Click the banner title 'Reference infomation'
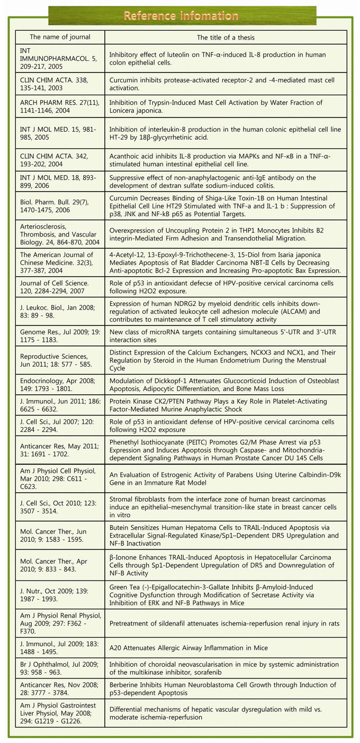pos(181,16)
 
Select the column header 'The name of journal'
pos(60,37)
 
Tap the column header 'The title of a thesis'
pos(226,37)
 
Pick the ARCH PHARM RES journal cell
pos(60,106)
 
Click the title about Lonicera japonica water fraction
pos(226,106)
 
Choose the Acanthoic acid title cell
pos(226,157)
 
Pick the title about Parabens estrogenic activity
pos(226,478)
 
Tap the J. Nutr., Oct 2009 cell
pos(60,594)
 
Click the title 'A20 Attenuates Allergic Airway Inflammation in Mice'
pos(226,648)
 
